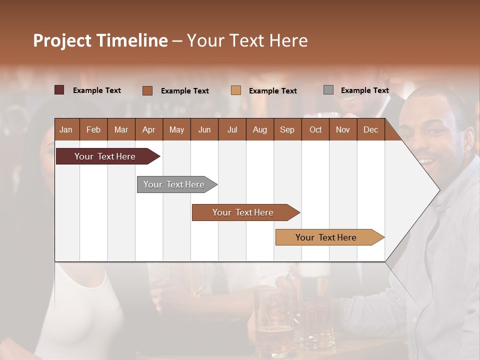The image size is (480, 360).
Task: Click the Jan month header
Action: tap(66, 130)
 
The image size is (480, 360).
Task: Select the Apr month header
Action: tap(149, 130)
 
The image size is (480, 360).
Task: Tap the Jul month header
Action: tap(232, 130)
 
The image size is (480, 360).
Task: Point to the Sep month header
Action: tap(287, 130)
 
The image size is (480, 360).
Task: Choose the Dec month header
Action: tap(370, 130)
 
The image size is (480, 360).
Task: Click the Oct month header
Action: tap(315, 130)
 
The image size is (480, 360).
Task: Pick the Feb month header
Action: tap(93, 130)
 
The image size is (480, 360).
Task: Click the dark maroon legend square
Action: tap(59, 90)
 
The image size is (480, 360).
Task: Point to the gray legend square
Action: tap(328, 90)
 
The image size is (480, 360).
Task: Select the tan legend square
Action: tap(236, 90)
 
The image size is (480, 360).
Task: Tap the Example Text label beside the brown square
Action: tap(184, 91)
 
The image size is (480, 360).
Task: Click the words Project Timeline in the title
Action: tap(100, 40)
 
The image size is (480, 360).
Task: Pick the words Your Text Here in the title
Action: tap(247, 40)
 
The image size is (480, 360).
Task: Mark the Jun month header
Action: tap(204, 130)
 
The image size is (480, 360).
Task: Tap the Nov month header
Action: tap(343, 130)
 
